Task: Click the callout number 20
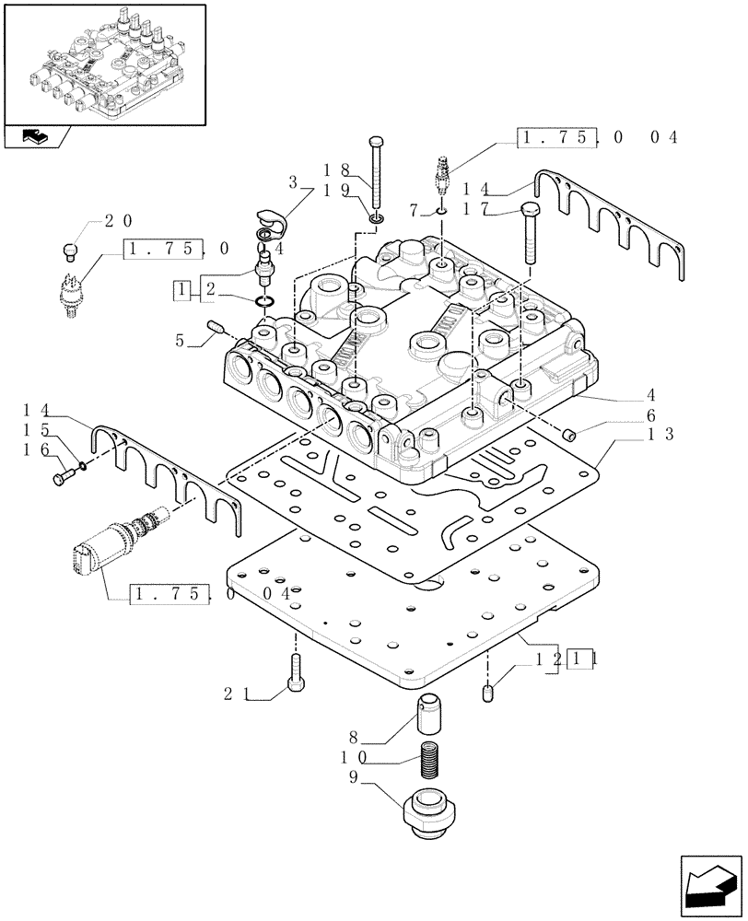(117, 221)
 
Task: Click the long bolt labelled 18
(379, 174)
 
